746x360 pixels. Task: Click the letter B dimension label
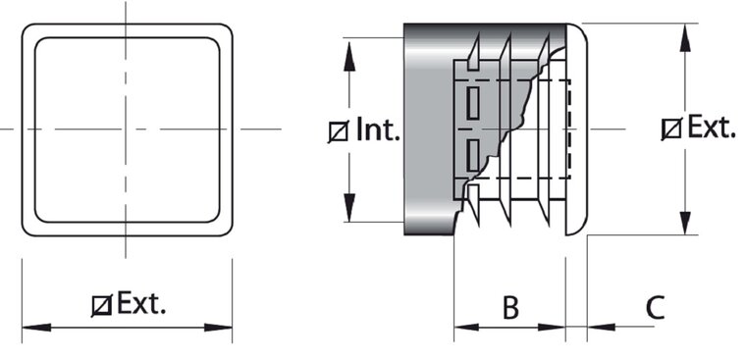[510, 308]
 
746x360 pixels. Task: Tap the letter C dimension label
[655, 308]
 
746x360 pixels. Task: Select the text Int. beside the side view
[378, 129]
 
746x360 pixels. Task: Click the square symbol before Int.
[339, 131]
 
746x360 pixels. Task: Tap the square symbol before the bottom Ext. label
[102, 305]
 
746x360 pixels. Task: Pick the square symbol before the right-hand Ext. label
[671, 129]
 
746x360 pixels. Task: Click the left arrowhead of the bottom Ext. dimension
[36, 328]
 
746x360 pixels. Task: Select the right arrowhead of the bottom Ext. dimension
[218, 328]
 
